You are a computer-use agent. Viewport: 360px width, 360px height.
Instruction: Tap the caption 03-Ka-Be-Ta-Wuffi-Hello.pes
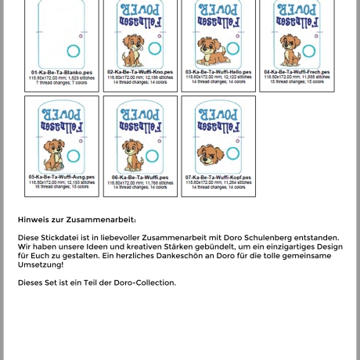click(x=218, y=71)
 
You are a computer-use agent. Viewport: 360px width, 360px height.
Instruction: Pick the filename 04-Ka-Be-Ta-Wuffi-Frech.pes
click(x=297, y=71)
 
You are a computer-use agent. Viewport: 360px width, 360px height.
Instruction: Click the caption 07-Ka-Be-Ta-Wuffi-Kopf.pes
click(x=218, y=178)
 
